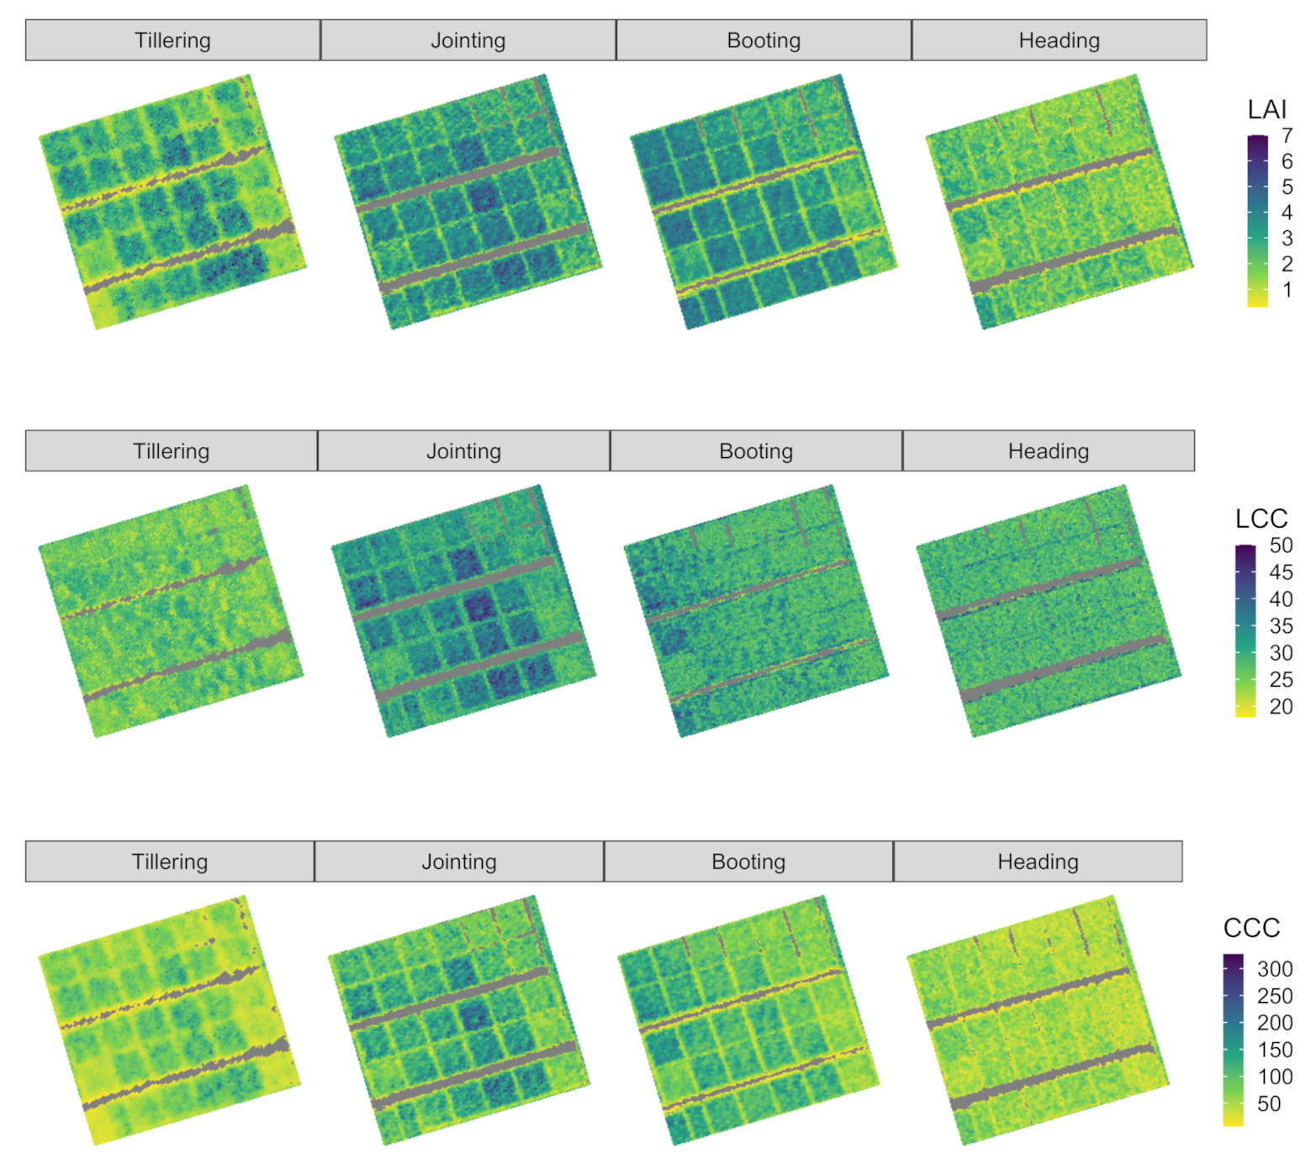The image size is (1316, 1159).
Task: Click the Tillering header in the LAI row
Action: (172, 40)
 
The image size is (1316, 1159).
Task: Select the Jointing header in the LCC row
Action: (463, 451)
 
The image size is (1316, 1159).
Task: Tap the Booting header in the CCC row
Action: (748, 861)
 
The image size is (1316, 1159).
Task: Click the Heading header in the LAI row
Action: (1059, 40)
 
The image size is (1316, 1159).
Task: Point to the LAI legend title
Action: (1266, 109)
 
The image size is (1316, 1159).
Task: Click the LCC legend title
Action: (1261, 519)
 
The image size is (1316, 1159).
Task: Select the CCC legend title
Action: (1251, 928)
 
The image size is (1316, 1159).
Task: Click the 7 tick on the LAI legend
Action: (1287, 135)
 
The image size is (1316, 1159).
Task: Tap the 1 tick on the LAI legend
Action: (1287, 290)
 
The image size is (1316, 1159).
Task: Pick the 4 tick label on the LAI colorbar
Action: (1287, 213)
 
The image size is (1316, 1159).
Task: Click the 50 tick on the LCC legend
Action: (1281, 545)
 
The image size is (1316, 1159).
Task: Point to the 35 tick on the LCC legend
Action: (1281, 626)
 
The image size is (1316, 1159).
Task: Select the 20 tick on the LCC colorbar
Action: (1281, 707)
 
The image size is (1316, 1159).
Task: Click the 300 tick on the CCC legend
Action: (1274, 969)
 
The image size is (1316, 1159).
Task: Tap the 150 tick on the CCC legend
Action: (1274, 1050)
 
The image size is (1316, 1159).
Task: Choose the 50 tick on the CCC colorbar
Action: (1269, 1104)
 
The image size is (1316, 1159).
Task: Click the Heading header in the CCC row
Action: (1038, 861)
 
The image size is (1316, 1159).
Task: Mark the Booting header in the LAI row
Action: (764, 40)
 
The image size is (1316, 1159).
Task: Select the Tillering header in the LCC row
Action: (171, 451)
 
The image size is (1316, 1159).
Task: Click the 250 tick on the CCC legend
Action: (1274, 996)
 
